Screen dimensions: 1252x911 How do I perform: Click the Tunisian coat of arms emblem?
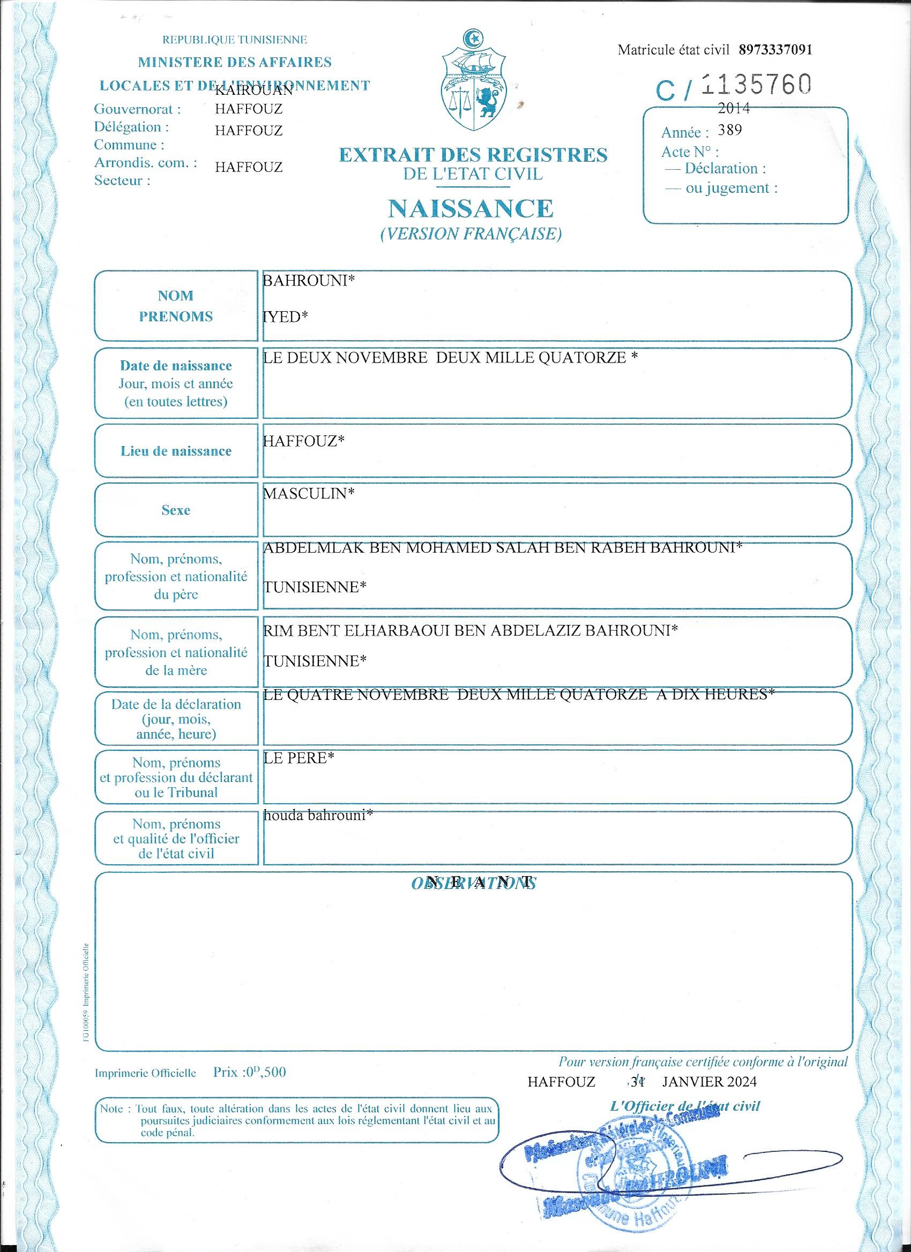pyautogui.click(x=472, y=82)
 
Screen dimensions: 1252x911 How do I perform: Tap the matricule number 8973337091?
pyautogui.click(x=775, y=50)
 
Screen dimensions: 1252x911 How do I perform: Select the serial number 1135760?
pyautogui.click(x=757, y=85)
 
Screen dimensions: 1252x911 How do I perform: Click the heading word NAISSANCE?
pyautogui.click(x=471, y=208)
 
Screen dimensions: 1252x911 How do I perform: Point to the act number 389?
pyautogui.click(x=730, y=130)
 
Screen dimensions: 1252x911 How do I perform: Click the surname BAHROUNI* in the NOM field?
pyautogui.click(x=308, y=281)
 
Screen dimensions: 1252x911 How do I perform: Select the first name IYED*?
pyautogui.click(x=286, y=317)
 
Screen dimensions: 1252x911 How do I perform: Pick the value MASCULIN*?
pyautogui.click(x=308, y=493)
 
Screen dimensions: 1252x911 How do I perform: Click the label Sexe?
pyautogui.click(x=176, y=510)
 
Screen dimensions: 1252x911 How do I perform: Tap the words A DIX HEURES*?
pyautogui.click(x=715, y=695)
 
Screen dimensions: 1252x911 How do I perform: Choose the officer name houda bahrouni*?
pyautogui.click(x=318, y=816)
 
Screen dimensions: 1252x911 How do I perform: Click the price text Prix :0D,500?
pyautogui.click(x=250, y=1073)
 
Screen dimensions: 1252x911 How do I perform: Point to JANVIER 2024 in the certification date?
pyautogui.click(x=710, y=1081)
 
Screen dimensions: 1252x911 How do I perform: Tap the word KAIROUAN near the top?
pyautogui.click(x=253, y=91)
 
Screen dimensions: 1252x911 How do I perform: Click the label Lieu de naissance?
pyautogui.click(x=176, y=451)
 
